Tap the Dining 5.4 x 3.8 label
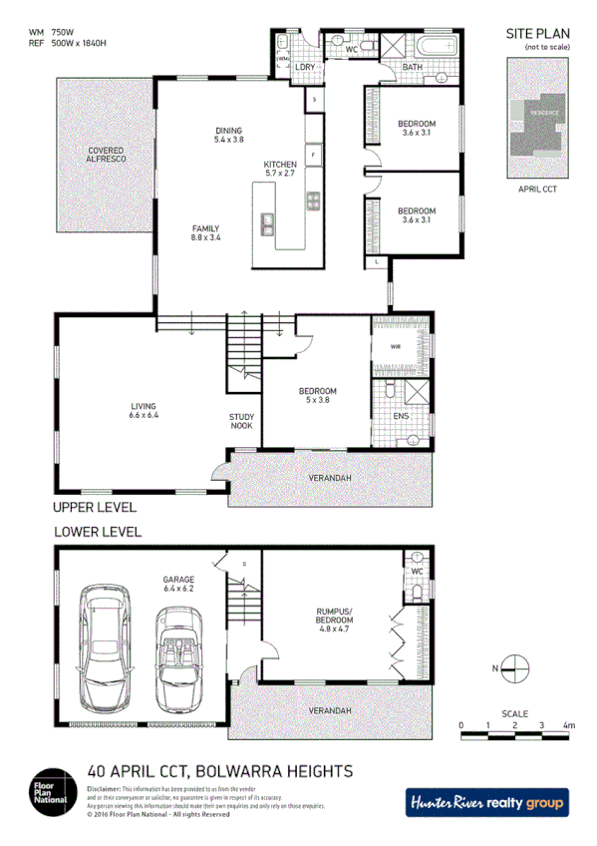[x=229, y=136]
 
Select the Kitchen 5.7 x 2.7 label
[x=280, y=169]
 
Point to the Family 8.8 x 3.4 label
[x=205, y=232]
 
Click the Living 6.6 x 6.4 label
[x=144, y=410]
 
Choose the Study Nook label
[x=241, y=421]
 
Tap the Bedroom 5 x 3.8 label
[x=317, y=395]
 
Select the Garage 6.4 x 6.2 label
[x=178, y=584]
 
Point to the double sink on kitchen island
[x=269, y=224]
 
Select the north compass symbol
[x=516, y=666]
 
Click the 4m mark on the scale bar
[x=568, y=725]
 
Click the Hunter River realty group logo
[x=486, y=802]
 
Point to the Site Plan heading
[x=538, y=34]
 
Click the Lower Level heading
[x=98, y=532]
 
